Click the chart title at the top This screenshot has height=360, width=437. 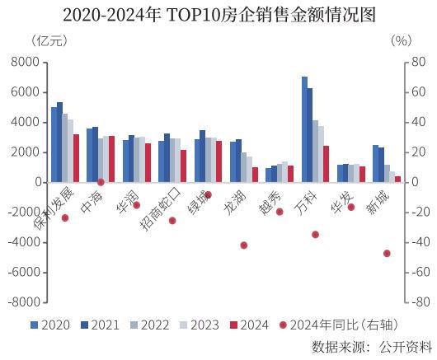(218, 14)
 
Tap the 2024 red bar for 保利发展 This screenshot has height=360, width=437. (77, 158)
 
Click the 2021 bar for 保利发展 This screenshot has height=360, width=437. (60, 142)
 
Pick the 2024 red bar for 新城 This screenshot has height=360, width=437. (398, 179)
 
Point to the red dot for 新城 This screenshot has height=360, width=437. (387, 253)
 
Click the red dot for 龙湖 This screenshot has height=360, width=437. (243, 245)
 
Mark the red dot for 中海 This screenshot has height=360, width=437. (101, 182)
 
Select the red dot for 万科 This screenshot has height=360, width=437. (315, 235)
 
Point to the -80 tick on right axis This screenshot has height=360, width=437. (419, 302)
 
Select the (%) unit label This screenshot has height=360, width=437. (401, 40)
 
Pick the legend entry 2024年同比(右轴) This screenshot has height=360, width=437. (334, 325)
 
